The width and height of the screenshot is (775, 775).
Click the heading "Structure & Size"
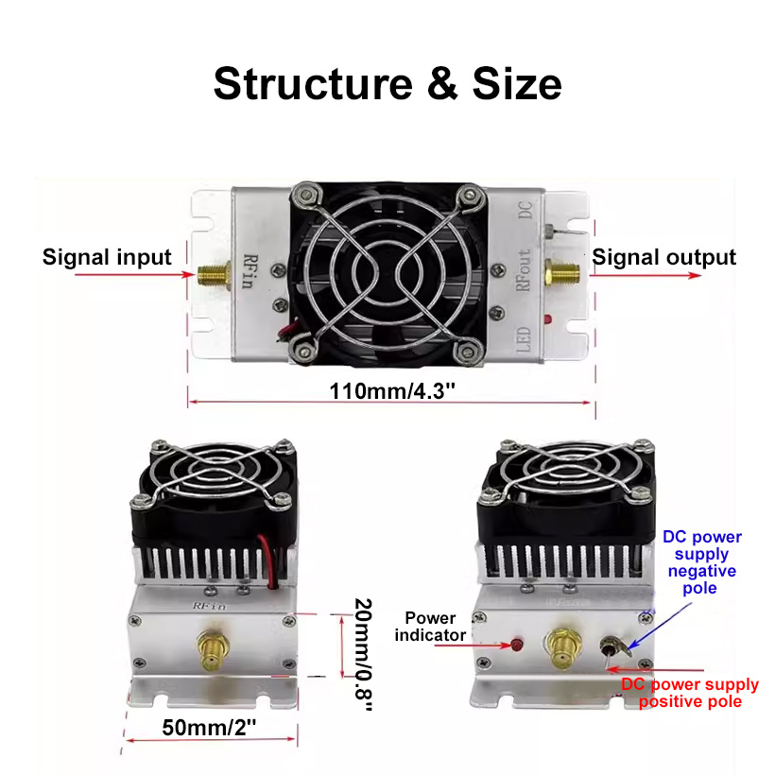click(x=387, y=83)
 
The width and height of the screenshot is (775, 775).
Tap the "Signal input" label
click(x=107, y=257)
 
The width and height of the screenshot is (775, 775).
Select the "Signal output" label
click(x=663, y=257)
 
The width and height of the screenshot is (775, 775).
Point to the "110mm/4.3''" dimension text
click(x=392, y=391)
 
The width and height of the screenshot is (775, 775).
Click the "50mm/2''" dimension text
click(x=210, y=728)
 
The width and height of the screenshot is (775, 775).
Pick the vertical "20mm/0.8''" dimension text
click(x=364, y=654)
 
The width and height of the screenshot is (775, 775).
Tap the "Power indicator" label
click(x=430, y=627)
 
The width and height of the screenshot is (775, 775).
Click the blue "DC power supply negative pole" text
click(x=702, y=562)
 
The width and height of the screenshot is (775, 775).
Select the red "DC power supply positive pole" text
click(x=690, y=693)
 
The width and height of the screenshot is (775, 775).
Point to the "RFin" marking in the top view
click(x=250, y=271)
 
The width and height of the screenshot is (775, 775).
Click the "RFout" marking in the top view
click(x=523, y=270)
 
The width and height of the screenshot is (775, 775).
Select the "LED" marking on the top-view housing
click(x=523, y=339)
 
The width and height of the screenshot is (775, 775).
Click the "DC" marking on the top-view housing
click(x=525, y=210)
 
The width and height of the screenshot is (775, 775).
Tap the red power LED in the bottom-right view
click(x=516, y=645)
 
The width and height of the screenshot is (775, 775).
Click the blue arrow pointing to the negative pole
click(x=660, y=626)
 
